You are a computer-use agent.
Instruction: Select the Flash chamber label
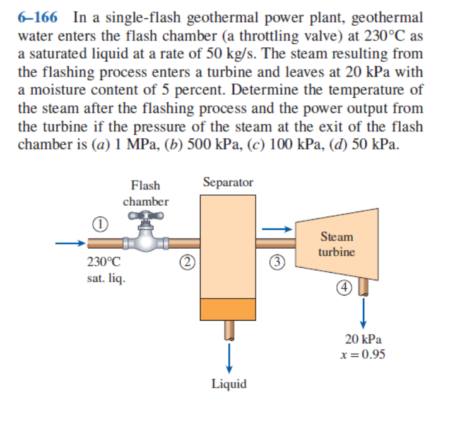145,193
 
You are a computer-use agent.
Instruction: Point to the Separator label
228,182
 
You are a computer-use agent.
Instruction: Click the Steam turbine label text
336,244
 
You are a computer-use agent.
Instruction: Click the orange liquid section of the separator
228,309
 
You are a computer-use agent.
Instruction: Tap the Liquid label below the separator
229,384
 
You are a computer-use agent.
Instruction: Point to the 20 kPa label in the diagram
363,339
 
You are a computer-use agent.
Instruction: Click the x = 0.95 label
363,354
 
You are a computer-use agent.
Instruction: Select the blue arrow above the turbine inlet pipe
278,229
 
